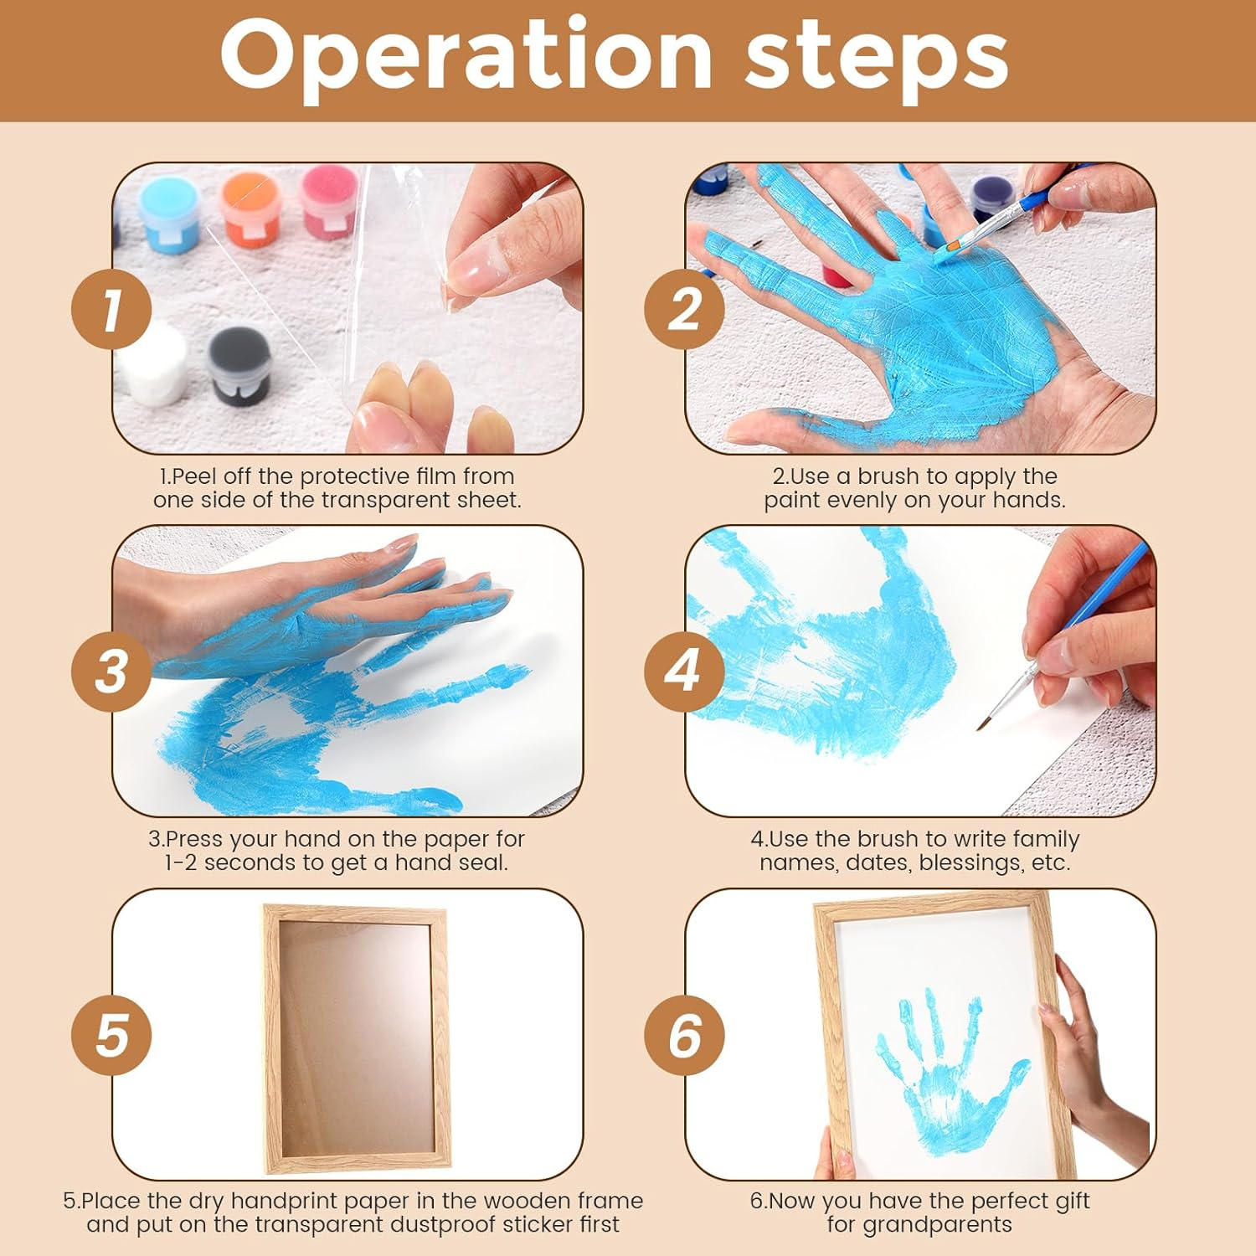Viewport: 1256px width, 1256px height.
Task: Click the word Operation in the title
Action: click(466, 56)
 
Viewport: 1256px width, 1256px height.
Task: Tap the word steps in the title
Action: click(877, 60)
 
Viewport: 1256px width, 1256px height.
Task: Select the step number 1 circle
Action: click(111, 310)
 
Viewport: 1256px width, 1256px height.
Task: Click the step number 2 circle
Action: click(684, 310)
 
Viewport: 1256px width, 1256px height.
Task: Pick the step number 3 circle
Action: click(111, 672)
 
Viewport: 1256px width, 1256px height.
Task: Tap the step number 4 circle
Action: click(684, 672)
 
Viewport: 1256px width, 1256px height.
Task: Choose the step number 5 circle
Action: click(111, 1035)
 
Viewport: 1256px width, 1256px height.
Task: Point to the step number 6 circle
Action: click(684, 1035)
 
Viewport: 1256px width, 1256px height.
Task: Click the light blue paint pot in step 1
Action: click(169, 214)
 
